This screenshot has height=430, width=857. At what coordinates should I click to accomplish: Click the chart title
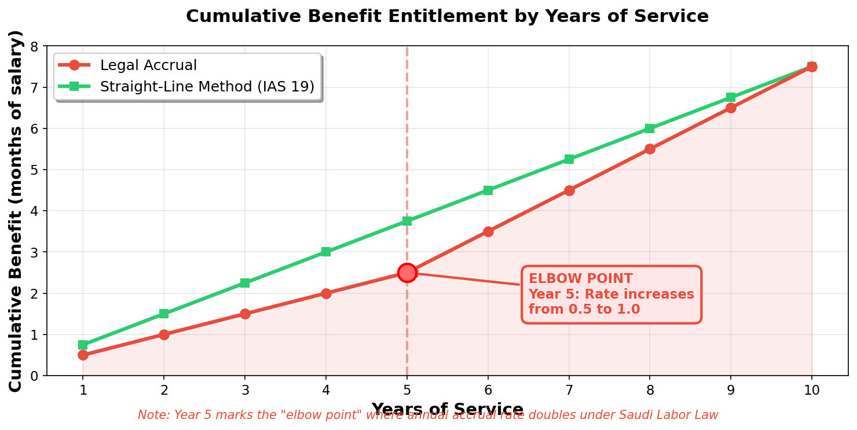447,16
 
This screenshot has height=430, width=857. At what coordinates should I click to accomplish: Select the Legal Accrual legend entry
148,65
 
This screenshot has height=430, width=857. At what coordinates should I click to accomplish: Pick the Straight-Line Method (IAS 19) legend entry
207,87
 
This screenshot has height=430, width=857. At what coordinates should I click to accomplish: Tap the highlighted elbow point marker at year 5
407,273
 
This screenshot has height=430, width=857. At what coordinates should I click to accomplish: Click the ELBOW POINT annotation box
611,294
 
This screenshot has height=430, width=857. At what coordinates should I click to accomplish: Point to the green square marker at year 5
407,221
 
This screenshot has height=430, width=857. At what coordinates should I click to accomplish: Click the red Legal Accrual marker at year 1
83,355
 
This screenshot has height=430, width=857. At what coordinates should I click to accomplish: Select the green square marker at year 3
245,283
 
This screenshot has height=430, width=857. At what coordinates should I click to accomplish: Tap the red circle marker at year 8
650,149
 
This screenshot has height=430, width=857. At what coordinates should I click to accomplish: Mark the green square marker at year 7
569,159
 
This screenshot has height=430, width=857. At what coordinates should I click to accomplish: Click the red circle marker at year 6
488,231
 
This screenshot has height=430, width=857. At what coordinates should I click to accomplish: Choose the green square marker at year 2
164,314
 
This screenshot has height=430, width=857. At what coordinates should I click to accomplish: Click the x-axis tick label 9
731,391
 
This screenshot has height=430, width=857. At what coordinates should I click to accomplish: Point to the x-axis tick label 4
326,391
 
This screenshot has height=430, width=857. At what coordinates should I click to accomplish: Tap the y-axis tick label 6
34,128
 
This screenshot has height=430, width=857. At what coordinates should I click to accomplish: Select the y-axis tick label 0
34,376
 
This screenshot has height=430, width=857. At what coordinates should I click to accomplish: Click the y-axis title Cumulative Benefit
16,211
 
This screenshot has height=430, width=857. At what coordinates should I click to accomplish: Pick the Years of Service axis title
447,409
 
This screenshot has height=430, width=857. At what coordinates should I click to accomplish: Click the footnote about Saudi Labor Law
428,416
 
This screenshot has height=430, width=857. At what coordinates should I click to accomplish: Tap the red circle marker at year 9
731,108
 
